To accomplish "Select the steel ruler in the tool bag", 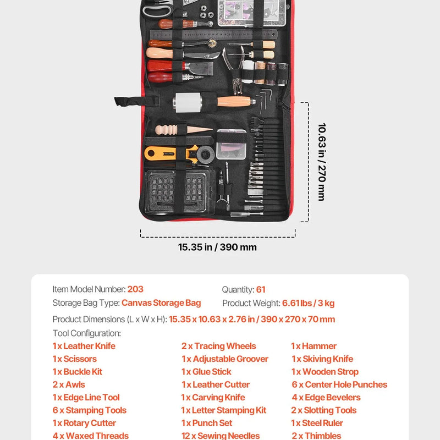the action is click(213, 35).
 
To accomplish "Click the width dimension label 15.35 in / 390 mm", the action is click(217, 247).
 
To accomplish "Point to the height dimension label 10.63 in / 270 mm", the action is click(322, 162).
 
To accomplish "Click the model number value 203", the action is click(135, 289).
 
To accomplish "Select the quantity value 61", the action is click(261, 290).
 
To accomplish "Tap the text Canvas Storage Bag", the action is click(161, 303).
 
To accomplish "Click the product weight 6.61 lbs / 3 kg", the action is click(308, 304).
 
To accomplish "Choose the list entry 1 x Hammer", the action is click(313, 346).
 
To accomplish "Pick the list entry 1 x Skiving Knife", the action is click(322, 359).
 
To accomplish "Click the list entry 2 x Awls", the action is click(69, 384).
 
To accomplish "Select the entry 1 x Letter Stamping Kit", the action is click(224, 410).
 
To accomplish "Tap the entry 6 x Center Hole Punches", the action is click(339, 384).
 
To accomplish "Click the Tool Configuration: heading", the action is click(87, 333).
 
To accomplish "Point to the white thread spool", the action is click(248, 71).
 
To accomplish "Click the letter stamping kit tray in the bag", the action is click(177, 191).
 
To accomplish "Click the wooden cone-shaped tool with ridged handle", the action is click(184, 130).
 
